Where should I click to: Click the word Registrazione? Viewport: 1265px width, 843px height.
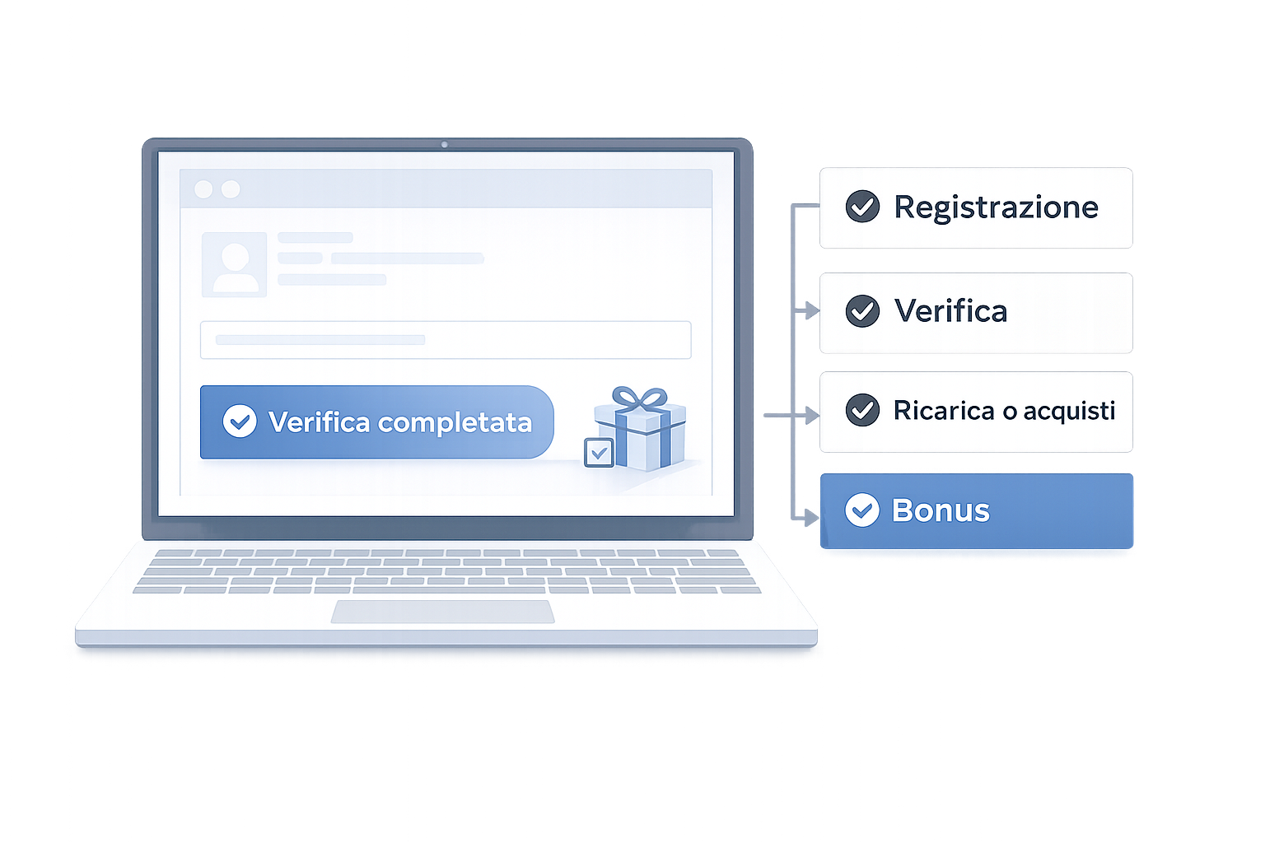996,207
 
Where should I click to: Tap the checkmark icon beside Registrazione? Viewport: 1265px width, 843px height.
862,207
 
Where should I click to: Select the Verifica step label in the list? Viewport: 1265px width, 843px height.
950,311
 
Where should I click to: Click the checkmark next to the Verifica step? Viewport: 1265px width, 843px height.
862,311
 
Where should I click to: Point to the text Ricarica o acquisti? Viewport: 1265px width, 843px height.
1004,410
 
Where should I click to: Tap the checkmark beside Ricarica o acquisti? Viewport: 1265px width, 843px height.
862,410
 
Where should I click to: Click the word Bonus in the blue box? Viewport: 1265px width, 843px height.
941,511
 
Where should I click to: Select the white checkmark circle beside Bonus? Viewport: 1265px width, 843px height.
862,511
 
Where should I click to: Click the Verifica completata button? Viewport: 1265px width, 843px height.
377,422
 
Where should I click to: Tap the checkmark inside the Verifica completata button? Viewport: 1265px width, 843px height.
240,421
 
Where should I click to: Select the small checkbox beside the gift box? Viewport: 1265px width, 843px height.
599,452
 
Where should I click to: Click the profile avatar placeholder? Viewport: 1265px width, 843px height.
235,264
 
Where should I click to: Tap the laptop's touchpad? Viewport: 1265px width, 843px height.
443,612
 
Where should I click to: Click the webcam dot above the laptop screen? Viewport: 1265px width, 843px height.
445,145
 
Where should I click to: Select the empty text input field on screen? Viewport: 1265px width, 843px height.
446,340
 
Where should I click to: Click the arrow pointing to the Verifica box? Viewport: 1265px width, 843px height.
810,310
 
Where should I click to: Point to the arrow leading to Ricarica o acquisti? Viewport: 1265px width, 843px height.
810,414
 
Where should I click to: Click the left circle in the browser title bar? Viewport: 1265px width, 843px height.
203,189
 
